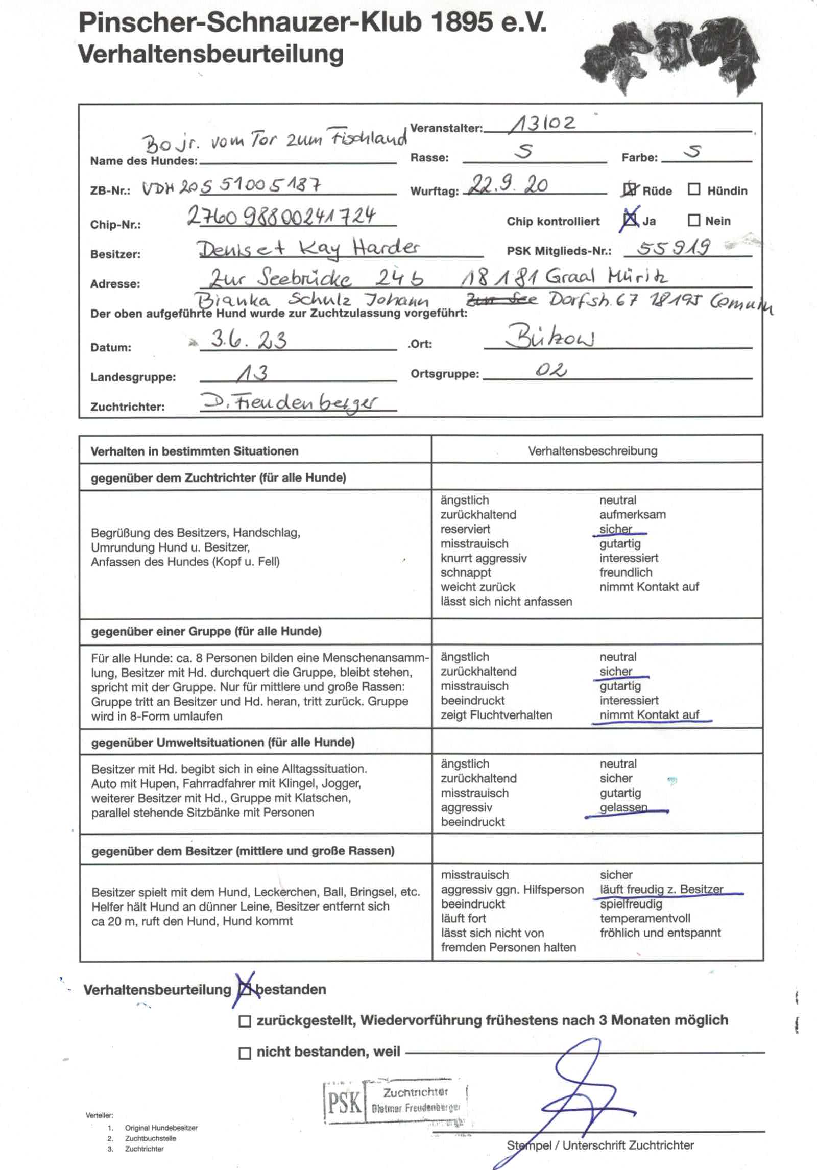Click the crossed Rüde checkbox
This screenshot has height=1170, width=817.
click(x=630, y=190)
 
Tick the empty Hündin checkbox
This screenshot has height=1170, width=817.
click(x=694, y=190)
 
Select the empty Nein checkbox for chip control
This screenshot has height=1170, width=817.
click(x=694, y=220)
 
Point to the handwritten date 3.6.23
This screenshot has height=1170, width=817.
click(x=249, y=340)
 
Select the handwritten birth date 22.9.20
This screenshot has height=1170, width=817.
click(x=509, y=184)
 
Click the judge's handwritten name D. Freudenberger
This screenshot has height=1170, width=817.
click(x=289, y=402)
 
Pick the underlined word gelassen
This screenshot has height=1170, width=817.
click(x=623, y=807)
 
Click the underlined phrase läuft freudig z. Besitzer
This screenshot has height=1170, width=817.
click(x=661, y=889)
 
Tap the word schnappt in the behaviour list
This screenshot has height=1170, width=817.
click(x=466, y=572)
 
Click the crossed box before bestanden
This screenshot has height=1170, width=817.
click(x=246, y=990)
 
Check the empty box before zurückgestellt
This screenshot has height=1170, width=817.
click(x=245, y=1021)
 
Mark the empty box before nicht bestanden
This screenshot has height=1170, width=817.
click(x=245, y=1053)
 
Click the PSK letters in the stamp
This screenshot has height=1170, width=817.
click(x=344, y=1102)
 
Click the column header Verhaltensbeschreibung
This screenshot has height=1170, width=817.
click(x=592, y=451)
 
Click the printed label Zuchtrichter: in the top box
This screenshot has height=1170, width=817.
click(x=127, y=407)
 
